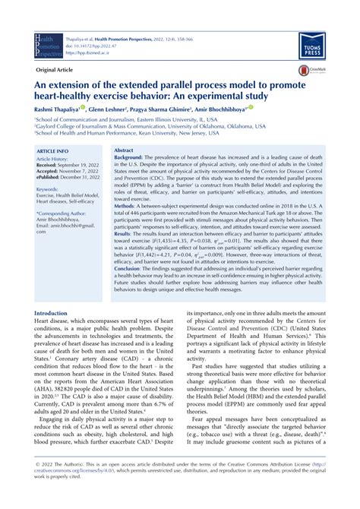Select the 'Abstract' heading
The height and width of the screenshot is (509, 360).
click(125, 152)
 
